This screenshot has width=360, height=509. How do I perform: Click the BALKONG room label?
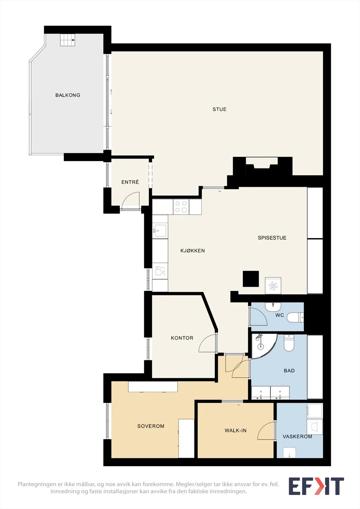point(68,95)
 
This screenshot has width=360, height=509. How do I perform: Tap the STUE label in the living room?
point(219,109)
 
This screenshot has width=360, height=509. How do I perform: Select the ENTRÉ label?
point(130,182)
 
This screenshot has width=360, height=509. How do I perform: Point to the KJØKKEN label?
point(192,251)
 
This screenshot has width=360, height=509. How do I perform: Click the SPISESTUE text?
point(272,238)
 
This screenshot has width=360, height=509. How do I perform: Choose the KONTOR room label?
point(182,338)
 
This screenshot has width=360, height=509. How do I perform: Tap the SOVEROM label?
point(151,426)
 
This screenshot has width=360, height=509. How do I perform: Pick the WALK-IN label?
point(235,430)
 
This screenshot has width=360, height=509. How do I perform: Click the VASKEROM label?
point(297,436)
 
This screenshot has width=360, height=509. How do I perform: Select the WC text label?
point(279,315)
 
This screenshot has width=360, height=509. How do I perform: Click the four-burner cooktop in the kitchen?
point(181,207)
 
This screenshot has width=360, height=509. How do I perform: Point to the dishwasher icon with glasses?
point(160,271)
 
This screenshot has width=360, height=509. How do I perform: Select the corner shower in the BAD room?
point(264,346)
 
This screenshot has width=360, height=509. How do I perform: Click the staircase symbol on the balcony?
point(67,40)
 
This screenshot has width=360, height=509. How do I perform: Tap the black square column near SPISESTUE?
point(251,279)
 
